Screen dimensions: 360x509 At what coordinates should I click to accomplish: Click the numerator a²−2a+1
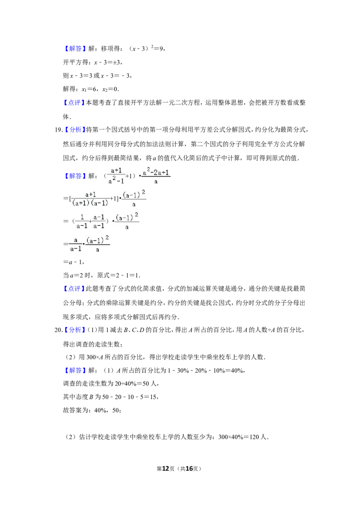tap(156, 172)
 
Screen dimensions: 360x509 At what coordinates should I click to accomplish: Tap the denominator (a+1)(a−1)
tap(91, 203)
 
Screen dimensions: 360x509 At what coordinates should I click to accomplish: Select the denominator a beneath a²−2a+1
tap(156, 182)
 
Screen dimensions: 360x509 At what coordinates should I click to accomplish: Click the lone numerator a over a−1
tap(76, 240)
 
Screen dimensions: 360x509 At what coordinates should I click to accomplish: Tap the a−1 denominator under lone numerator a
tap(75, 249)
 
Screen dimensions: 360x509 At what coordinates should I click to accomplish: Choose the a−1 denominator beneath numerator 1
tap(81, 226)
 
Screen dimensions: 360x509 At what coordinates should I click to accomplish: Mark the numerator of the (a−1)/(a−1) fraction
tap(99, 217)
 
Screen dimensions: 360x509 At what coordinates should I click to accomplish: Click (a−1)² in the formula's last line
tap(98, 239)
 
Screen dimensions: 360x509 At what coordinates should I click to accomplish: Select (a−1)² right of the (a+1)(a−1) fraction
tap(134, 194)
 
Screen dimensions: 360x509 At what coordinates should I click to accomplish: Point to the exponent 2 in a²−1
tap(114, 178)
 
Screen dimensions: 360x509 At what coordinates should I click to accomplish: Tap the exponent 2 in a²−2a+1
tap(148, 169)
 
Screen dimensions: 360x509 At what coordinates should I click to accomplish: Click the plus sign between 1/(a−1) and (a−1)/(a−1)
tap(90, 221)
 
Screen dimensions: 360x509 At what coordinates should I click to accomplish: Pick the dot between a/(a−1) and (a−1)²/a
tap(84, 245)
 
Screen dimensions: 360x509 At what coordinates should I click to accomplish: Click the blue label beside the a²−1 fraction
tap(75, 176)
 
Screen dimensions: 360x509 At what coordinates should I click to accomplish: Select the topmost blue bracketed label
tap(75, 49)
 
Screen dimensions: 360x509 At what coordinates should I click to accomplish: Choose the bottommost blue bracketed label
tap(75, 371)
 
